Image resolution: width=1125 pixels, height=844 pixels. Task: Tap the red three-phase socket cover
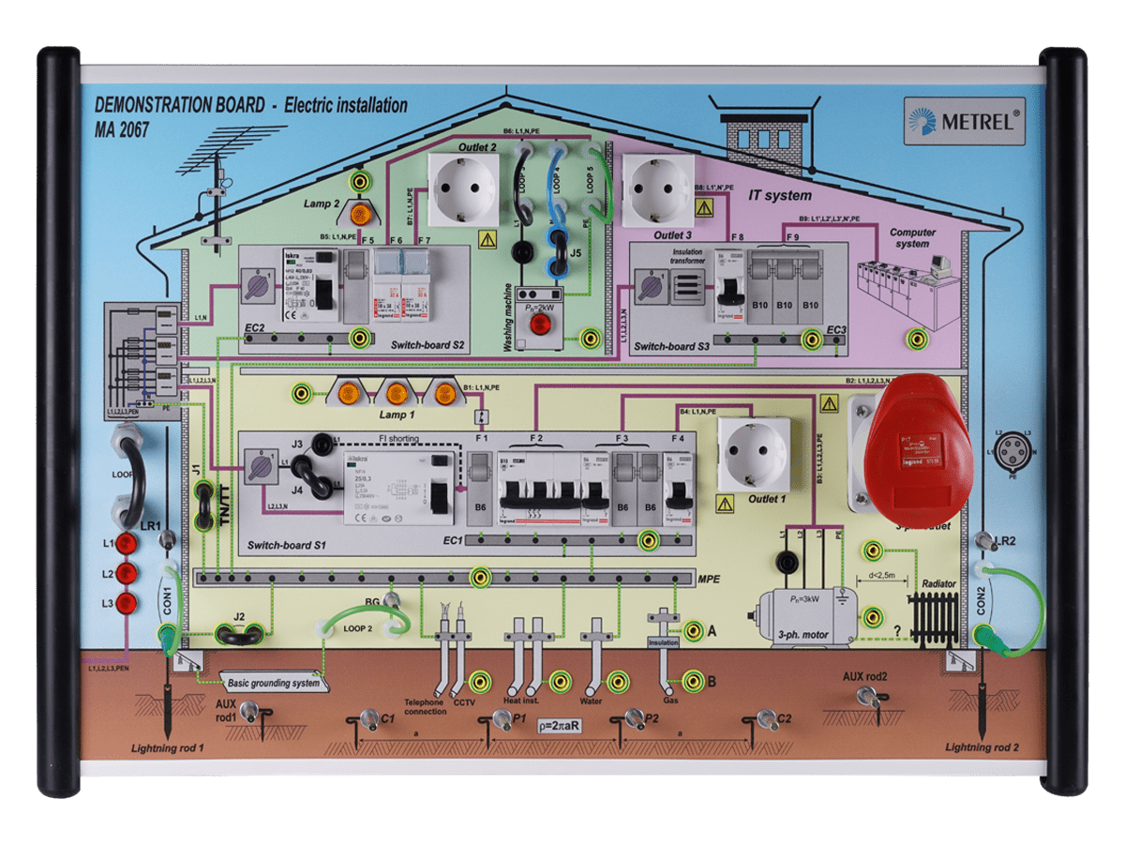coord(918,445)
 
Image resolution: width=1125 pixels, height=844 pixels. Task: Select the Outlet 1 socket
coord(753,454)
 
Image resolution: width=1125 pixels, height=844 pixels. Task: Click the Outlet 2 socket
coord(462,188)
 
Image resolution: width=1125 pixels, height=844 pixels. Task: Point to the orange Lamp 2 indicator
coord(357,215)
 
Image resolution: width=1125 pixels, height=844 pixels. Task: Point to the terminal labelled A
coord(693,631)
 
